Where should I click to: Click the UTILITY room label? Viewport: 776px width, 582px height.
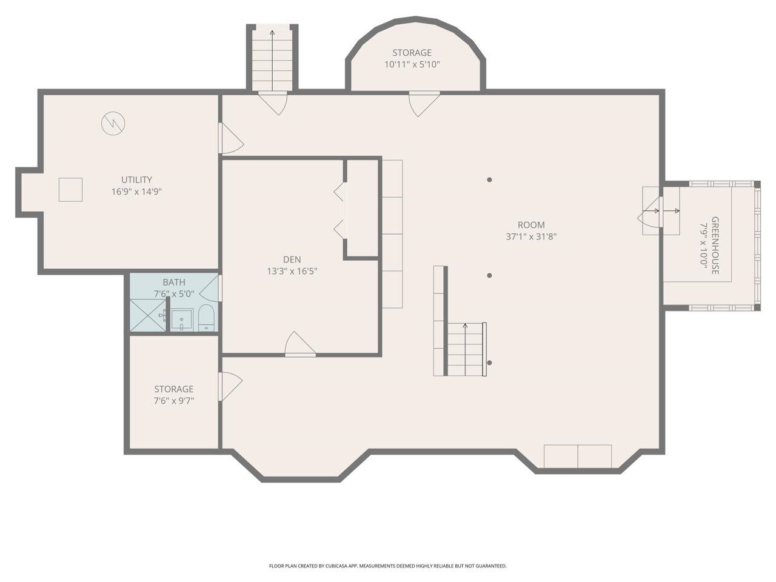(136, 179)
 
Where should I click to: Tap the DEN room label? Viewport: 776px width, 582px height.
(292, 259)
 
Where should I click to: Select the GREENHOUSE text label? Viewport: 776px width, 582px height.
(715, 246)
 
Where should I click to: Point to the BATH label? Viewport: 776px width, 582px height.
(174, 282)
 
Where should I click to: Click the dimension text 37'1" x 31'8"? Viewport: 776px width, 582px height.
(531, 236)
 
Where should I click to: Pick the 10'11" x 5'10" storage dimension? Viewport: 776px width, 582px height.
(412, 64)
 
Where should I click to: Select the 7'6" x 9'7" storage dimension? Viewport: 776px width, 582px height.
(173, 401)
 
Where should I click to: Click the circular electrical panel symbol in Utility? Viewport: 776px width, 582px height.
(113, 123)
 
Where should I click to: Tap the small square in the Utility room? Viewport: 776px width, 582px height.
(70, 190)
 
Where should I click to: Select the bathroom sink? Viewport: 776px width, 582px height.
(182, 319)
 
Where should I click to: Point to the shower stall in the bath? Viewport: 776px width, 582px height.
(148, 315)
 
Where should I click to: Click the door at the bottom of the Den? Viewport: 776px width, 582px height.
(300, 344)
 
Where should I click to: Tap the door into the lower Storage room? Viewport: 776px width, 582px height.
(230, 386)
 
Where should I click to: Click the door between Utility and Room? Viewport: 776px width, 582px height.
(231, 138)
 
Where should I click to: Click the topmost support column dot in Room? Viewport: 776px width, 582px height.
(489, 179)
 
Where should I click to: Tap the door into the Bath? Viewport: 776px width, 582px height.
(211, 288)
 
